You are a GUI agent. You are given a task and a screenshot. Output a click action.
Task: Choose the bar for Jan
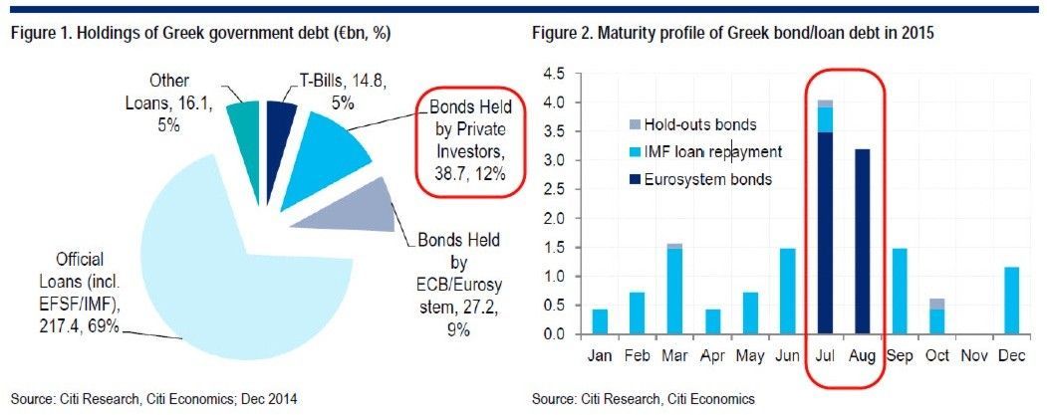(x=600, y=320)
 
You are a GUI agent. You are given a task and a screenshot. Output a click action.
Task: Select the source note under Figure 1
(x=154, y=399)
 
